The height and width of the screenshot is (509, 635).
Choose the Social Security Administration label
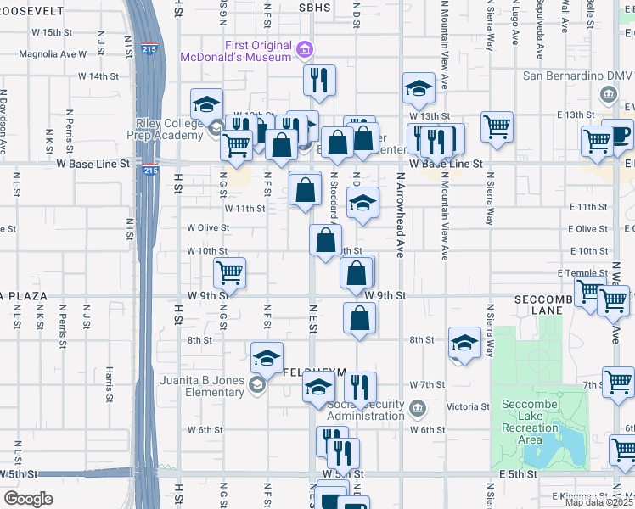366,410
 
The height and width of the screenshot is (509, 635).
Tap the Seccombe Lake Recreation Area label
530,422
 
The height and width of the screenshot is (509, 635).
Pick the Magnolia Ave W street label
59,53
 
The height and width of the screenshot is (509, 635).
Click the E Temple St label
578,273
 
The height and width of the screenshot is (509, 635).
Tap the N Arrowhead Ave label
399,216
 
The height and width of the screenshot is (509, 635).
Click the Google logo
28,499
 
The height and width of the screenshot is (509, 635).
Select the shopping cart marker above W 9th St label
230,273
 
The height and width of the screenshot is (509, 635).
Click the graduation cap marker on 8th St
464,343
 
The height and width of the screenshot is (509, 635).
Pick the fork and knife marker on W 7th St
360,388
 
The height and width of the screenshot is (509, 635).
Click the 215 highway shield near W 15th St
149,48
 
